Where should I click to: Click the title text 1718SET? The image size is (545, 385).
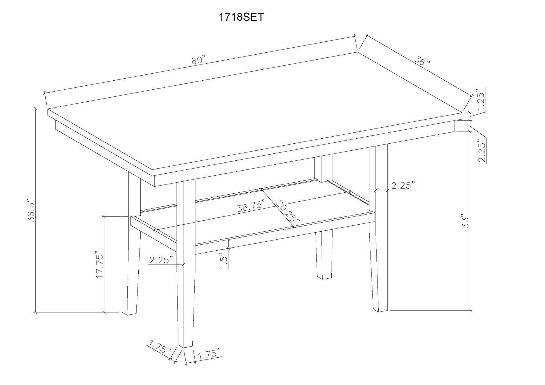click(241, 17)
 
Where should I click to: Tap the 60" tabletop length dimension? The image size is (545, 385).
click(199, 60)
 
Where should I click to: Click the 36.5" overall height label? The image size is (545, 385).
click(31, 211)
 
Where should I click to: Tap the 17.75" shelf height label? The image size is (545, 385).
click(100, 264)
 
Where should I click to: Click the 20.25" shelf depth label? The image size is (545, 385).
click(288, 214)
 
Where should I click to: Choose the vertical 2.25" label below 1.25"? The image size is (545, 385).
click(482, 151)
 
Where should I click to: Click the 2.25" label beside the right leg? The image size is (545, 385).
click(403, 185)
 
